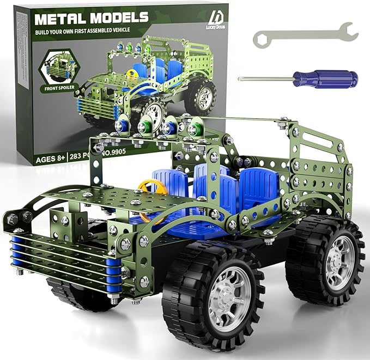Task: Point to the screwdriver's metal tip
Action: click(x=241, y=78)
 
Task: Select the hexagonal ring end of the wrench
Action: click(x=261, y=38)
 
